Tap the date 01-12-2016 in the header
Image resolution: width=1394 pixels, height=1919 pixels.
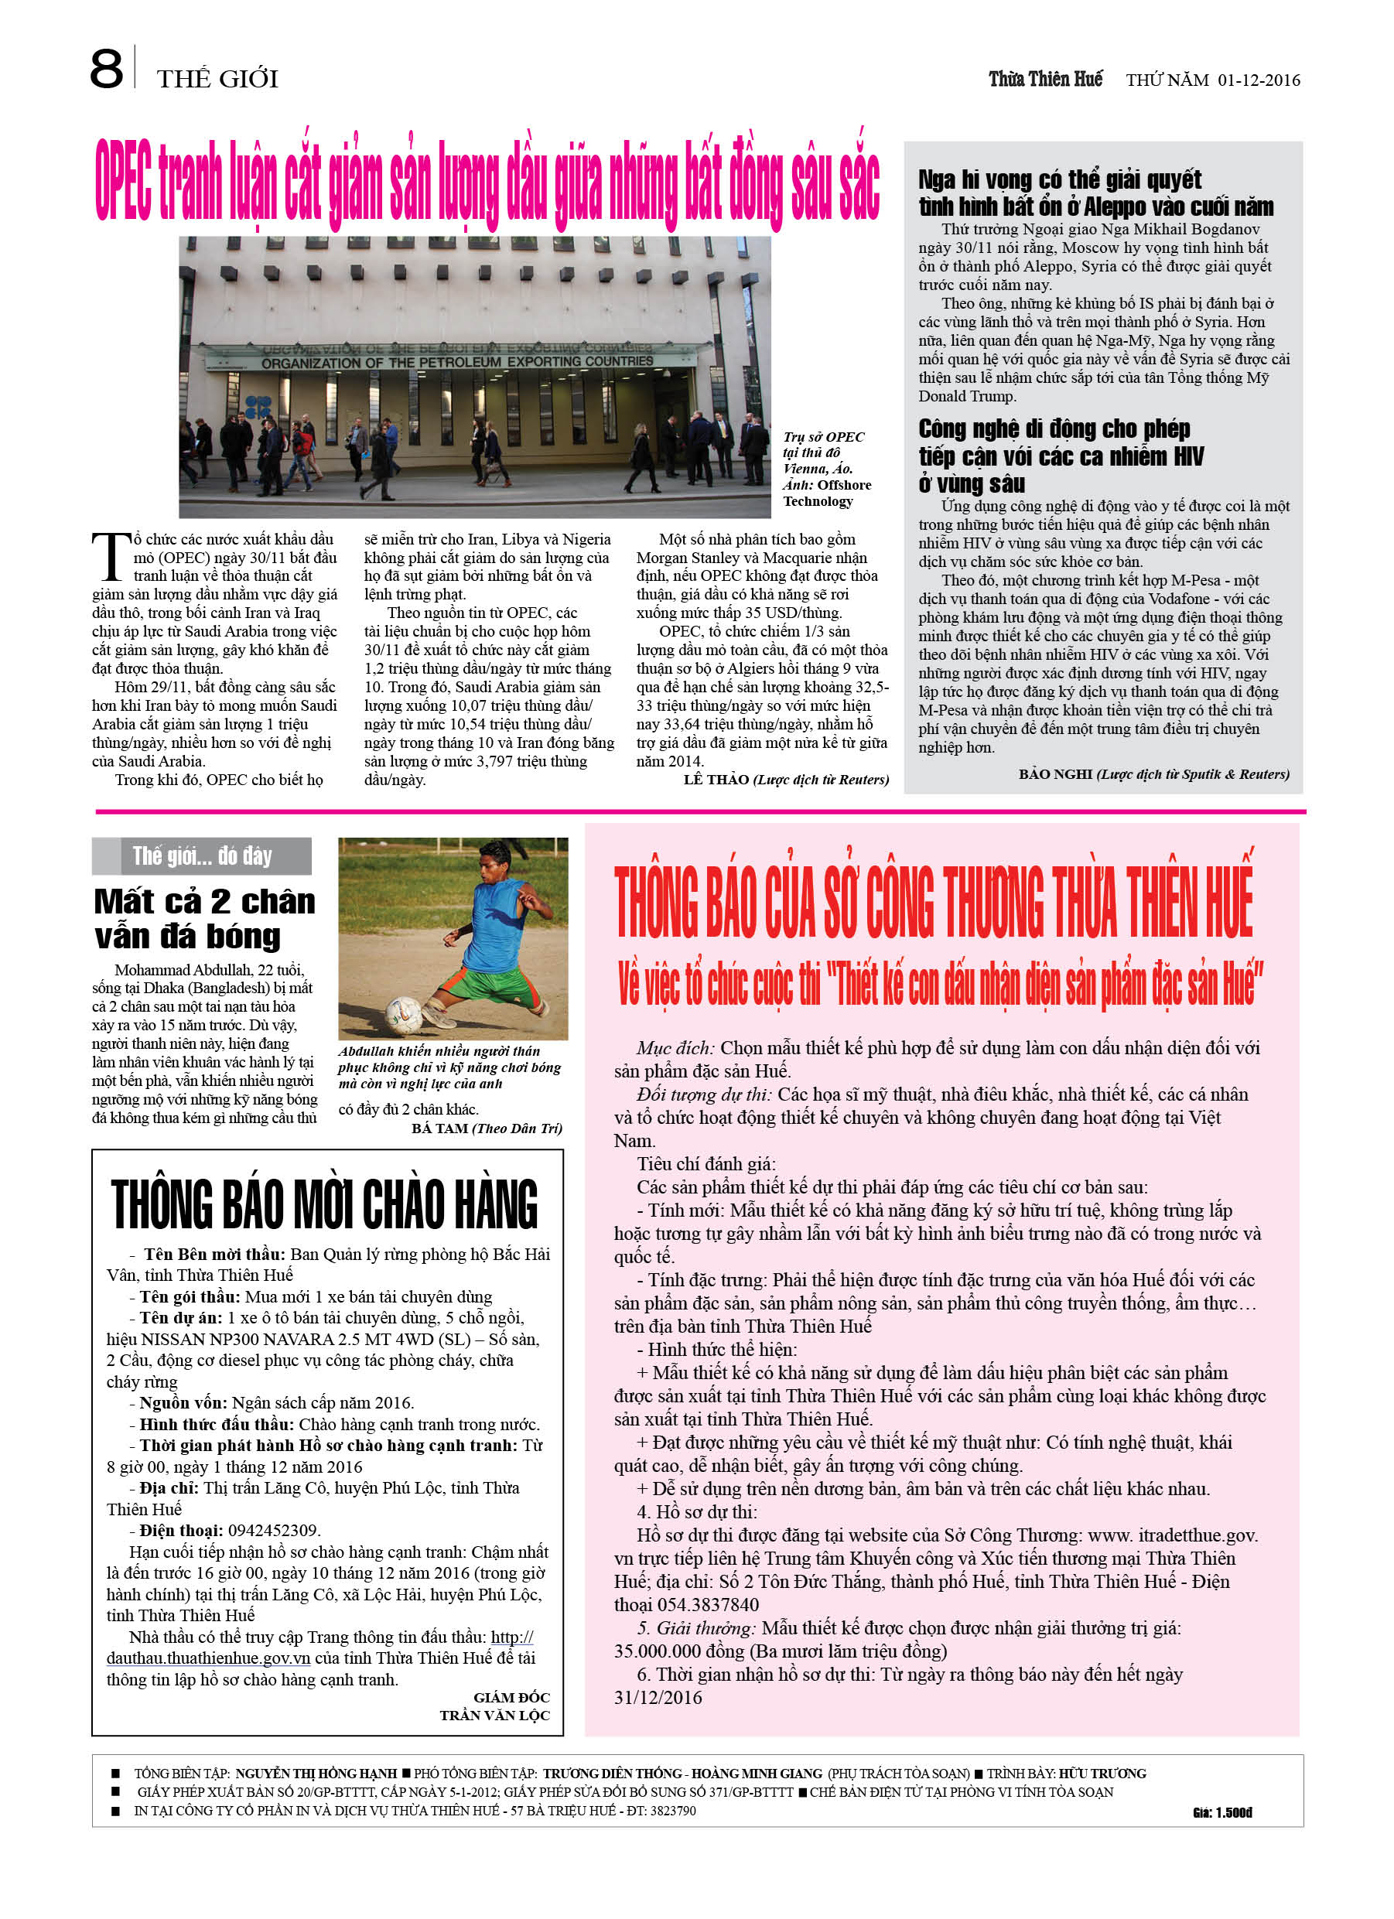[1259, 80]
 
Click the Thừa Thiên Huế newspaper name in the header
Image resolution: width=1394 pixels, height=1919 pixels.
[1045, 80]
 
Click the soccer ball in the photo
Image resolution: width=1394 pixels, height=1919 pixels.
[403, 1012]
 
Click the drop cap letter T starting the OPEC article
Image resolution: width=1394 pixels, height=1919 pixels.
[110, 557]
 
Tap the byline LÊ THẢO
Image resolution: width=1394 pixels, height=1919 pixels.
[716, 779]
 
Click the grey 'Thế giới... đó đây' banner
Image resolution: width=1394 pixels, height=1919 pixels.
[201, 856]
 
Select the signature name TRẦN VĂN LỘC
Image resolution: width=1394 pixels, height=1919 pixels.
[494, 1715]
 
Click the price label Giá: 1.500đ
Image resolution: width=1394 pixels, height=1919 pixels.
[1221, 1812]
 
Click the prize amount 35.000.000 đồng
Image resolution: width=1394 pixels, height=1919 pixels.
[668, 1651]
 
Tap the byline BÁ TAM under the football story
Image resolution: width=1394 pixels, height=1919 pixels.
[439, 1128]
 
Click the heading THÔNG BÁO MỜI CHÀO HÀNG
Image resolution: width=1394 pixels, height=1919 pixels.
[324, 1204]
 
